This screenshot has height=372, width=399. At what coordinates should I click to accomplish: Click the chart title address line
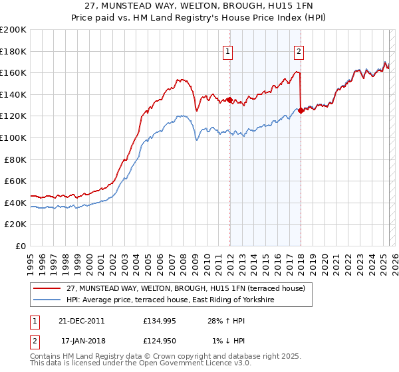coord(199,6)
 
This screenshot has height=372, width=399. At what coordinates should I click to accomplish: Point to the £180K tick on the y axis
coord(13,51)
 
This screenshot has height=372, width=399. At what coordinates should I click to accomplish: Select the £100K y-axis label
coord(13,138)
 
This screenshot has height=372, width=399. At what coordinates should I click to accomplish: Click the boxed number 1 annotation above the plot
coord(228,51)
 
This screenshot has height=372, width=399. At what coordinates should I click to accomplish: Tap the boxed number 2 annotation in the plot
coord(299,51)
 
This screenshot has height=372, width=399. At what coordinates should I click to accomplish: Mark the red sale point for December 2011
coord(229,100)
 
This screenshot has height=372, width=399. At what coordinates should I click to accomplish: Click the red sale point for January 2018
coord(301,111)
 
